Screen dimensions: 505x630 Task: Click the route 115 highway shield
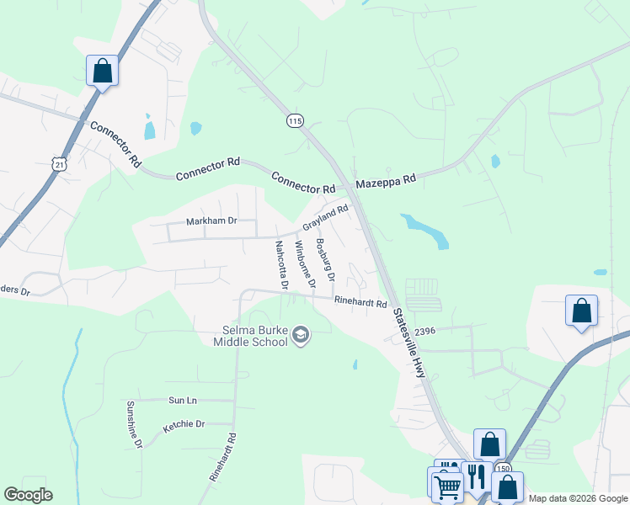294,121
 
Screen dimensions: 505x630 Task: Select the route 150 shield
504,468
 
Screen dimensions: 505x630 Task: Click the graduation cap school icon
301,337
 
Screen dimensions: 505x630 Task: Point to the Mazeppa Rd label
386,180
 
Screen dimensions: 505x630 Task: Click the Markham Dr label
212,221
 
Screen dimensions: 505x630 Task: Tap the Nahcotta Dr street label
281,265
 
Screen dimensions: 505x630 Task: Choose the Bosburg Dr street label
325,260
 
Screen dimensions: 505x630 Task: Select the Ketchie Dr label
184,425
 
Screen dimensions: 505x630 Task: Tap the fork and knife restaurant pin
477,476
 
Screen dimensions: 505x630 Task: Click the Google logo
29,495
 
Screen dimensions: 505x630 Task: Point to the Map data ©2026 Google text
577,498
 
